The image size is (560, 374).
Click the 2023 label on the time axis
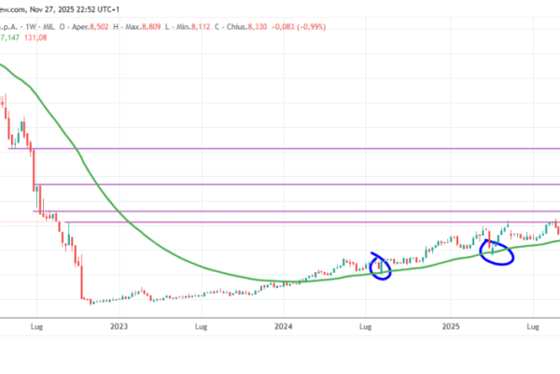tap(119, 327)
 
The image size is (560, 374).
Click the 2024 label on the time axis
tap(284, 327)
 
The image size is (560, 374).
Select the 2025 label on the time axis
tap(451, 327)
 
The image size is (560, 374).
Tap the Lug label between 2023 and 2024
tap(202, 327)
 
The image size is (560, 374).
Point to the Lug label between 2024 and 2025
tap(367, 327)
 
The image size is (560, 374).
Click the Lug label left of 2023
tap(36, 327)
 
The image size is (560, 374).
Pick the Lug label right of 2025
tap(534, 327)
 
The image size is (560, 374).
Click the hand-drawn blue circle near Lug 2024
tap(380, 266)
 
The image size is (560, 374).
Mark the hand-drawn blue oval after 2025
tap(497, 252)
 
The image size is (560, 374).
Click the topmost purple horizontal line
tap(280, 148)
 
